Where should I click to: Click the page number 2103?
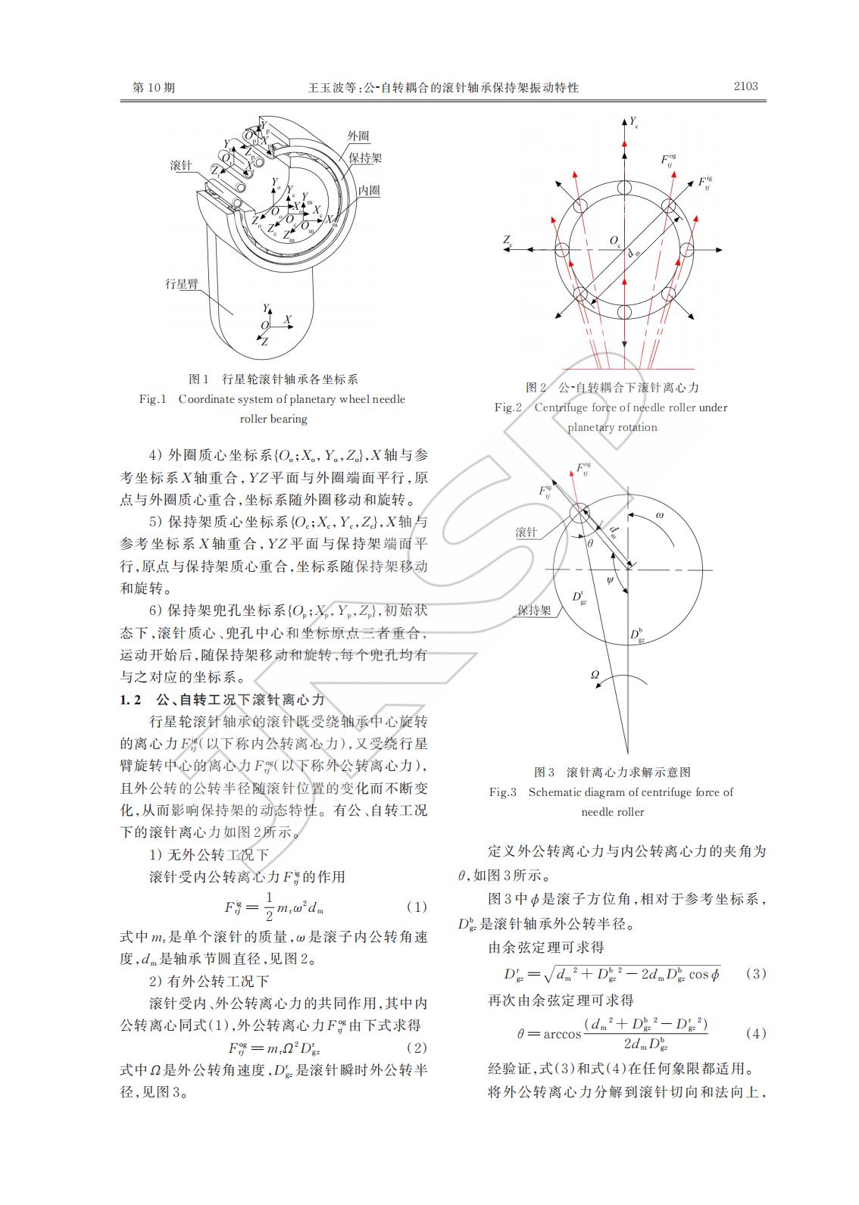click(745, 86)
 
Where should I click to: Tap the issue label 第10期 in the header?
click(154, 88)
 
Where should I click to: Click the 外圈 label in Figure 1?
click(358, 136)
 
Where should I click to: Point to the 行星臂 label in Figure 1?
click(182, 284)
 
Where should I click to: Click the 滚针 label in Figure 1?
click(182, 166)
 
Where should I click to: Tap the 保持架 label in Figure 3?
click(534, 610)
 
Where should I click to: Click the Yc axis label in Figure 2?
click(634, 122)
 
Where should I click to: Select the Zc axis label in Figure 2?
click(508, 241)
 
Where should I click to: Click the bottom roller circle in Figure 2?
click(625, 312)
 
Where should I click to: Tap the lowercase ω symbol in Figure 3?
click(659, 515)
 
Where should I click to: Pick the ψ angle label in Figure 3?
click(611, 580)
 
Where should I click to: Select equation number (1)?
click(417, 907)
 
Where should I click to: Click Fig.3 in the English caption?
click(502, 792)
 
